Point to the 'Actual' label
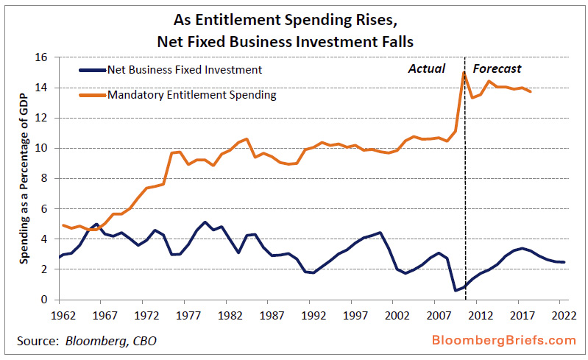[427, 68]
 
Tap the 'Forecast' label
[497, 68]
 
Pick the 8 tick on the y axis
[45, 178]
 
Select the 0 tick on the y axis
[45, 300]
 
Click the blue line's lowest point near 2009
[456, 290]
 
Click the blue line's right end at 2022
[564, 262]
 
